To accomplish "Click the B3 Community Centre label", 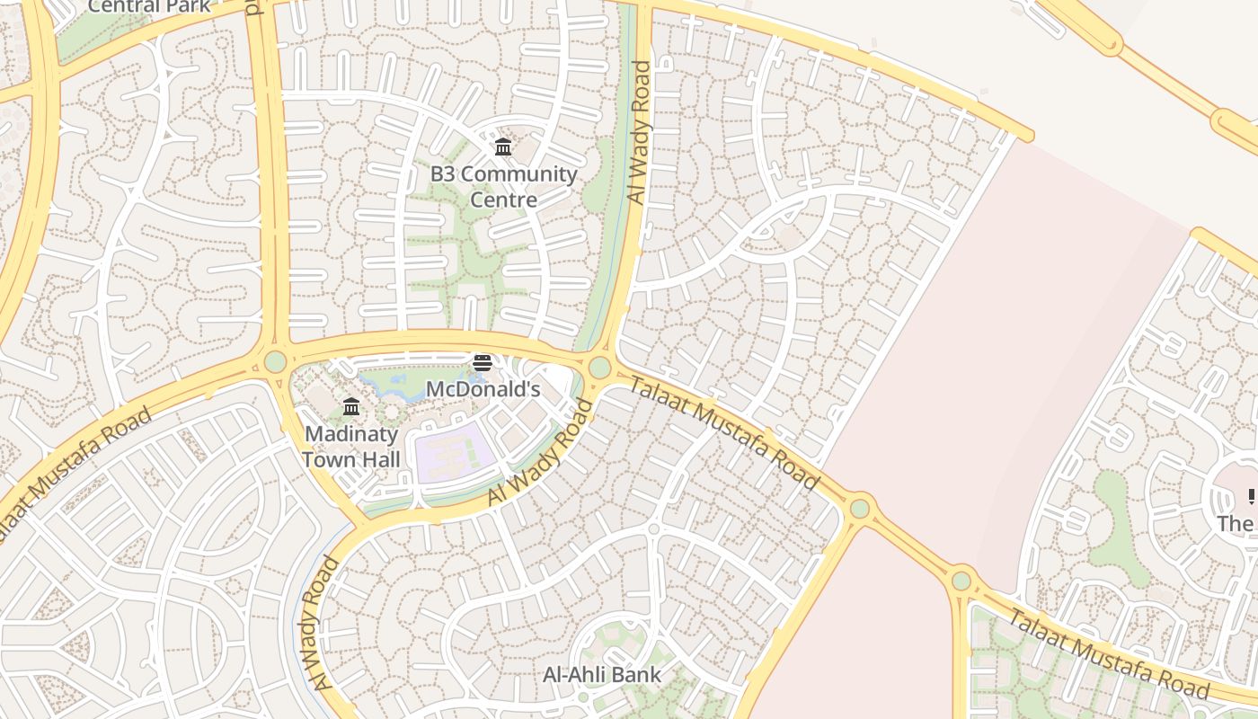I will pyautogui.click(x=503, y=186).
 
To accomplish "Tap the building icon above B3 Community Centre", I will pyautogui.click(x=503, y=146).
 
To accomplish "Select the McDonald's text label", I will pyautogui.click(x=483, y=389).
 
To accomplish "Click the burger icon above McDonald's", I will pyautogui.click(x=483, y=363).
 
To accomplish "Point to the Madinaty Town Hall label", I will pyautogui.click(x=351, y=446).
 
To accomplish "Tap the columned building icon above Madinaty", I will pyautogui.click(x=351, y=407).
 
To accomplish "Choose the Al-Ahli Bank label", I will pyautogui.click(x=602, y=674).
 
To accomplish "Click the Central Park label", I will pyautogui.click(x=149, y=6).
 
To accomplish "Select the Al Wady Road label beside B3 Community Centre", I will pyautogui.click(x=639, y=132).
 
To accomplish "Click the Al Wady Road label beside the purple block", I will pyautogui.click(x=541, y=452).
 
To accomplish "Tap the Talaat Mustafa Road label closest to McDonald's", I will pyautogui.click(x=723, y=433).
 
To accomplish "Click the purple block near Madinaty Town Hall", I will pyautogui.click(x=454, y=449).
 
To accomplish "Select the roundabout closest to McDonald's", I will pyautogui.click(x=599, y=368).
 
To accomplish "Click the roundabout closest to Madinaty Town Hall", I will pyautogui.click(x=275, y=361).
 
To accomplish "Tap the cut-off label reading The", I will pyautogui.click(x=1236, y=523).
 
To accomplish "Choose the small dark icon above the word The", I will pyautogui.click(x=1252, y=496).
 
